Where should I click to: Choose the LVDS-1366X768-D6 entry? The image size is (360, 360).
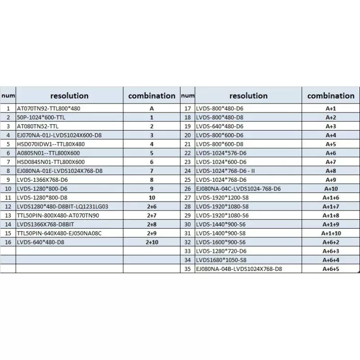coord(42,180)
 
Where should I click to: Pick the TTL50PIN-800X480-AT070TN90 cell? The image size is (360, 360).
coord(58,216)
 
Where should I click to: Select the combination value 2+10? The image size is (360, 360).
coord(152,243)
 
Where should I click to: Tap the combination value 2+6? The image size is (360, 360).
coord(152,207)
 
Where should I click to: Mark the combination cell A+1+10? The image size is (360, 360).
coord(331,233)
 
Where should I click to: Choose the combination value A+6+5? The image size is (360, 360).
coord(331,269)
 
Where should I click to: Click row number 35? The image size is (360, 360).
coord(188,269)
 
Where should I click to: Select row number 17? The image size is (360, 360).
coord(188,108)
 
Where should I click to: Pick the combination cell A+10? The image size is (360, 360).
coord(331,189)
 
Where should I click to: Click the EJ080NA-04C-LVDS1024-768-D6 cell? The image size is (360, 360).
coord(238,189)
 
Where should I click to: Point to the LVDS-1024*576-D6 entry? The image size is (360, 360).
coord(220,153)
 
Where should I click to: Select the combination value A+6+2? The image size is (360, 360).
coord(331,242)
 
